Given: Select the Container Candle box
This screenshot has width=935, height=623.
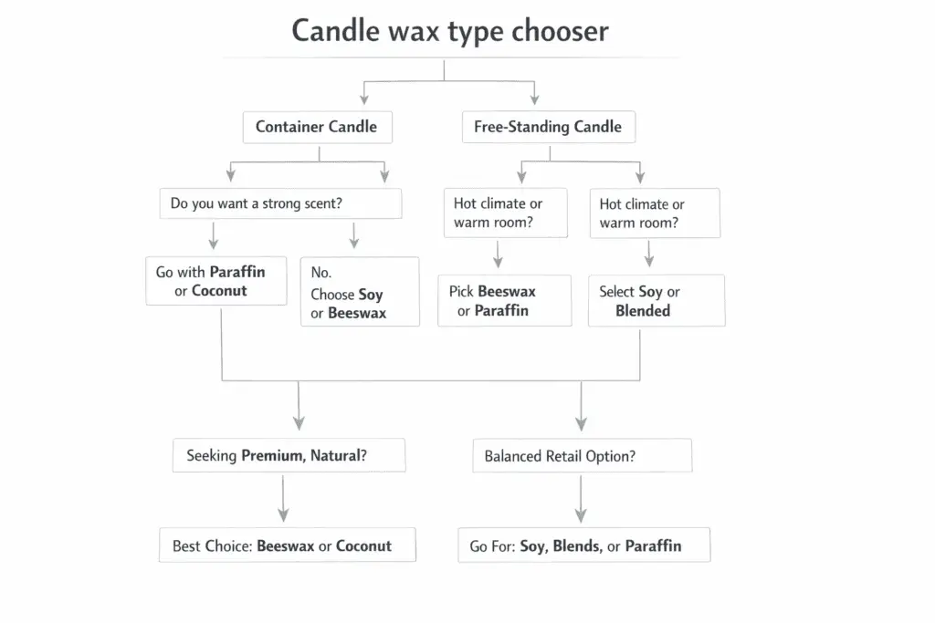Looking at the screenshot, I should [317, 127].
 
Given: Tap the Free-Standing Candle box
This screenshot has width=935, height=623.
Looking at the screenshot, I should [547, 127].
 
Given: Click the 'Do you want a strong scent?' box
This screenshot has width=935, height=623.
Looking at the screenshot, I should [280, 203].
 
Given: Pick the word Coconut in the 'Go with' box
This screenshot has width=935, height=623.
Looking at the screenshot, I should [219, 291].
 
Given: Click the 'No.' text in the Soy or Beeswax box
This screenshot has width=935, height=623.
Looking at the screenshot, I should [321, 273].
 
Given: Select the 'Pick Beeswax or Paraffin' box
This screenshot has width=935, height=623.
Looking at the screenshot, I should [504, 301].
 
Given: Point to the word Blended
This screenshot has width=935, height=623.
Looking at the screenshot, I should [643, 311].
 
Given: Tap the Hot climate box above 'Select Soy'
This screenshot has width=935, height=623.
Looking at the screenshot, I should [654, 213].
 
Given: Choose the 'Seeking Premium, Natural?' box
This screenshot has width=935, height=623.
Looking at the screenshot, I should [289, 455].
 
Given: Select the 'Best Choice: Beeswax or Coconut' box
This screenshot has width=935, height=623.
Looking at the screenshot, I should [287, 545].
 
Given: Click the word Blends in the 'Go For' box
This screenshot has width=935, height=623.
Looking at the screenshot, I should [576, 546].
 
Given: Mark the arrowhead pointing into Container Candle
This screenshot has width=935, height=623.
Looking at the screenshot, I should [364, 99].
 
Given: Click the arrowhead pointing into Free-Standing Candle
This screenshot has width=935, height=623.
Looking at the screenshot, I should [534, 99].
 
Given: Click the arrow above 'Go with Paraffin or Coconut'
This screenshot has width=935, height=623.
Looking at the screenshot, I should [214, 236].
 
